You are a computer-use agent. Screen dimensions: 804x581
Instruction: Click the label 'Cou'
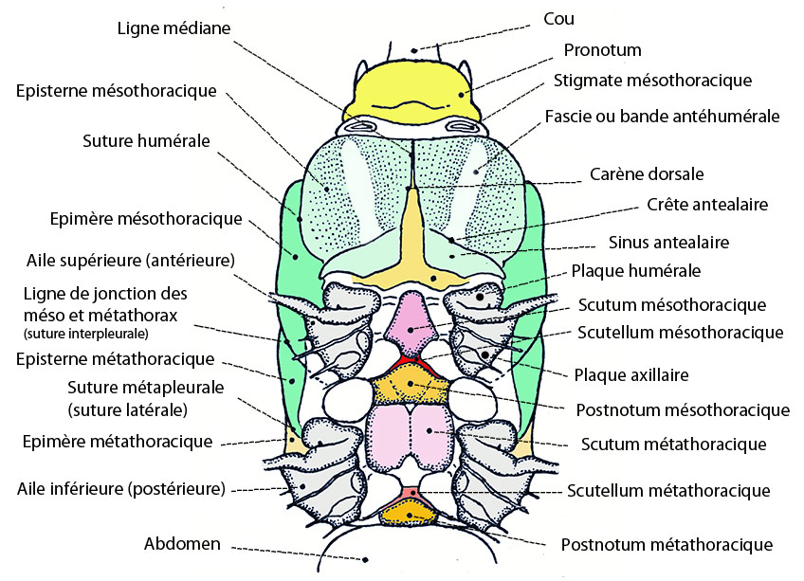pyautogui.click(x=558, y=19)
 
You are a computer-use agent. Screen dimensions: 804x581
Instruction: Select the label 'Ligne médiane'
pyautogui.click(x=174, y=27)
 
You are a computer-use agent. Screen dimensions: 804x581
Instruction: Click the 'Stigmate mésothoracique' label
pyautogui.click(x=652, y=81)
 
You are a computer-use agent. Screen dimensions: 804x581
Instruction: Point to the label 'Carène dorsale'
pyautogui.click(x=647, y=173)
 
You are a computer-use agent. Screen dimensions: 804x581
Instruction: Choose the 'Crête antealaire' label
pyautogui.click(x=707, y=205)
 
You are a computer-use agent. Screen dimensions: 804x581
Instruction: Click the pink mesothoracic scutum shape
pyautogui.click(x=411, y=323)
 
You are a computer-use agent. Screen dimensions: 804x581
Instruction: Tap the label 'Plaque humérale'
pyautogui.click(x=636, y=271)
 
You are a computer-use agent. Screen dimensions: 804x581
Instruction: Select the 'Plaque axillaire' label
pyautogui.click(x=631, y=375)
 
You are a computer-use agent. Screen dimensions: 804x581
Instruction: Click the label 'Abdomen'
pyautogui.click(x=182, y=544)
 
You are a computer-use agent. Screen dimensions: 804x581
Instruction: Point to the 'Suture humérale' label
pyautogui.click(x=146, y=141)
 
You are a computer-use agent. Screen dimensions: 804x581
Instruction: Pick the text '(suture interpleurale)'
pyautogui.click(x=85, y=334)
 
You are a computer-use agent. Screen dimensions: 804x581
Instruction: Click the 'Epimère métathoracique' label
pyautogui.click(x=118, y=442)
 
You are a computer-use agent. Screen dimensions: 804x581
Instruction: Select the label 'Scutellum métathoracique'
pyautogui.click(x=668, y=491)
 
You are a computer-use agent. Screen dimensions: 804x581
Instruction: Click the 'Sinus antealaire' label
pyautogui.click(x=668, y=242)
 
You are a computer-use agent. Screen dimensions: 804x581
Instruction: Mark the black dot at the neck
pyautogui.click(x=413, y=50)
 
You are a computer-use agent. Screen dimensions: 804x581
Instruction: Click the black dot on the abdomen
pyautogui.click(x=366, y=560)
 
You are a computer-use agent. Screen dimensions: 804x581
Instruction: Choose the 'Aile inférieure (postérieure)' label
pyautogui.click(x=121, y=489)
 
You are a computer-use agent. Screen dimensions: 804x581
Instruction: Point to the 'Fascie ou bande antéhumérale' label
pyautogui.click(x=662, y=117)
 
